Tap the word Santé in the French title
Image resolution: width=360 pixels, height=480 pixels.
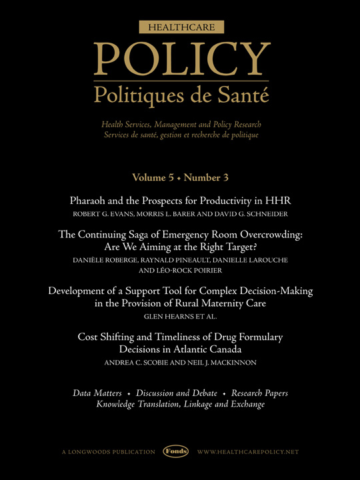[245, 96]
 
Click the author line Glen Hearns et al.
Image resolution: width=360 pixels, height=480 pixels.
[180, 317]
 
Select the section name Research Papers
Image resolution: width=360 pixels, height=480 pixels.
[256, 393]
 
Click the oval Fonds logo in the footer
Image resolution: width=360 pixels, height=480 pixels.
[177, 451]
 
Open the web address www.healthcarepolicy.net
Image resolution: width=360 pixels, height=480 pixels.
[248, 451]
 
